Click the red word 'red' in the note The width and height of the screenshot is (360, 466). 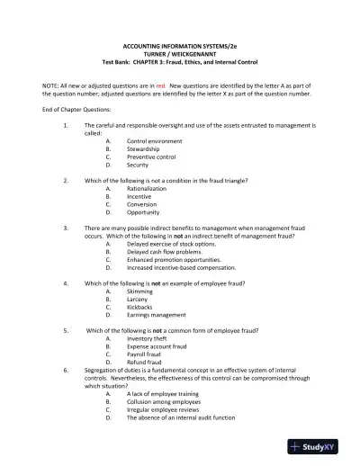[161, 84]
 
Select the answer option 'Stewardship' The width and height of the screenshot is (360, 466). [143, 149]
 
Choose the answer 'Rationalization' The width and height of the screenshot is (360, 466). [147, 189]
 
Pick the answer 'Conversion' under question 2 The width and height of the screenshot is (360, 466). [143, 205]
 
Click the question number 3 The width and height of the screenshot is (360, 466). [67, 229]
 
